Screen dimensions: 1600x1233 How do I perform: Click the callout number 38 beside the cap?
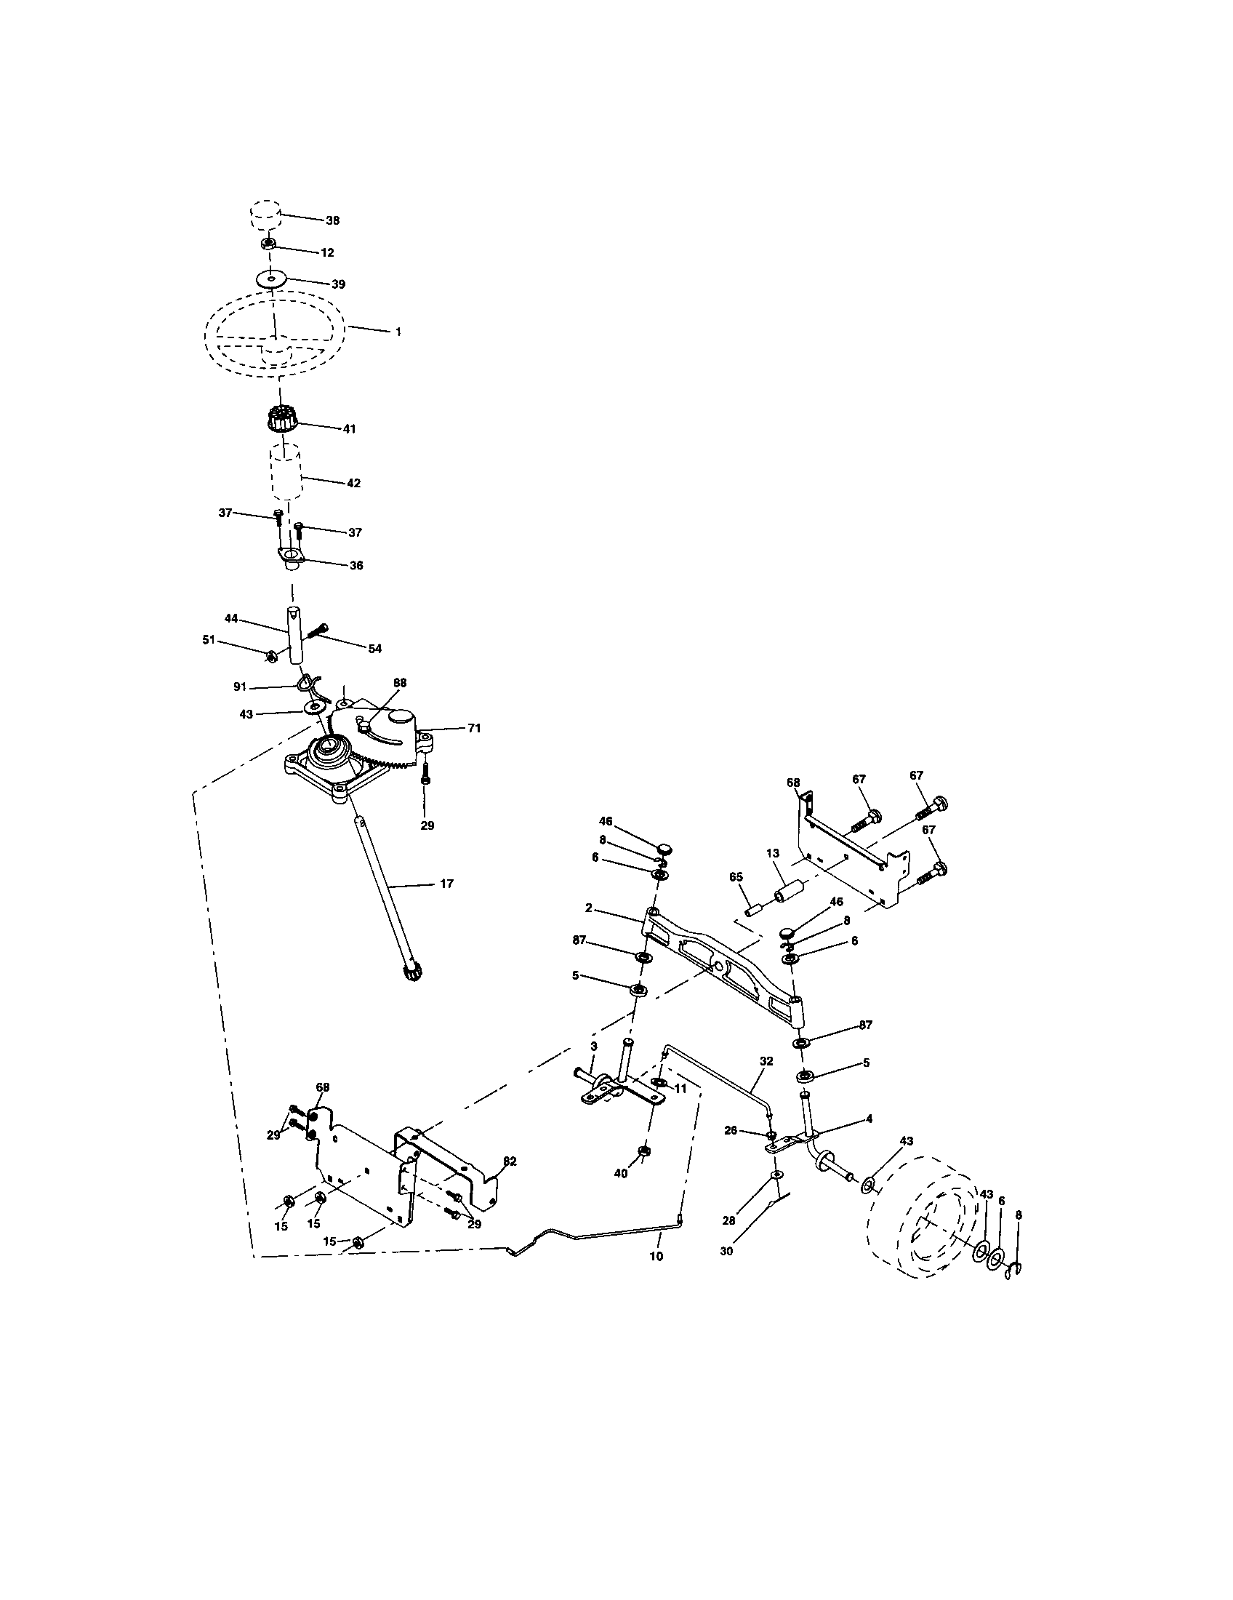(332, 220)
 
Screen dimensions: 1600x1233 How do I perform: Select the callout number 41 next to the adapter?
(348, 429)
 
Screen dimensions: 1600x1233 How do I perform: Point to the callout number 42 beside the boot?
(353, 484)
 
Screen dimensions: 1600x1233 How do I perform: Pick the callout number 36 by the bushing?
(355, 566)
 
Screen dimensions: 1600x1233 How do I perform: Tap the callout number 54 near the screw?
(374, 648)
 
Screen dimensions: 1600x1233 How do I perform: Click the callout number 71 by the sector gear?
(475, 728)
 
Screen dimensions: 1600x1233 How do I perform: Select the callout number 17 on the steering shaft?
(446, 884)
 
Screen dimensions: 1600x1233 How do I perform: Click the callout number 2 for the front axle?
(588, 908)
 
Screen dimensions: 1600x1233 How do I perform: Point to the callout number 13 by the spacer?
(773, 854)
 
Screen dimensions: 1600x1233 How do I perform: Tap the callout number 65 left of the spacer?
(736, 876)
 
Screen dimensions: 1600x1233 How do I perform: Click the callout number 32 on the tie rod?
(766, 1060)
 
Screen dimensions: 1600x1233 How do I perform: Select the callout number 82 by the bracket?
(510, 1161)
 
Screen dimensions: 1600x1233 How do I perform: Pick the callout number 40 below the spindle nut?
(620, 1173)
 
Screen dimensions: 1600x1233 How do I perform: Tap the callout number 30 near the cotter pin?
(726, 1252)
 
